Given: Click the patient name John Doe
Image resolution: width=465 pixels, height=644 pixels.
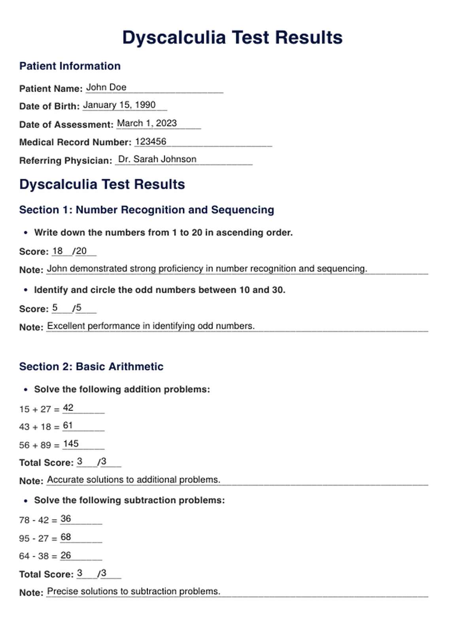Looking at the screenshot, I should coord(106,87).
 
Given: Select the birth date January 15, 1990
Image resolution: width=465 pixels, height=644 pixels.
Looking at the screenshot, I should coord(119,105).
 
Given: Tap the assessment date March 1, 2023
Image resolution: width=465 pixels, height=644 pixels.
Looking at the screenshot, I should coord(147,123).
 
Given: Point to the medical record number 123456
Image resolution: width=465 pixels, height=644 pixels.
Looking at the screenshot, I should coord(151,141).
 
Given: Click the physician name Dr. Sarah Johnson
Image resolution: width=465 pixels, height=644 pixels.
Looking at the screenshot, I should coord(157,159).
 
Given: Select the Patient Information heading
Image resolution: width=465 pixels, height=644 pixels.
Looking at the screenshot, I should coord(70,66).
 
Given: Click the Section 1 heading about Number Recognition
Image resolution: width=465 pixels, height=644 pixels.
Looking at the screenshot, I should coord(146,210).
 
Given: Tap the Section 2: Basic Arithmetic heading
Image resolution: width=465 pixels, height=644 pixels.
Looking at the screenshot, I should coord(91,367).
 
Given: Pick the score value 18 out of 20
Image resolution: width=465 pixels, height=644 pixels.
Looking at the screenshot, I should coord(58,251).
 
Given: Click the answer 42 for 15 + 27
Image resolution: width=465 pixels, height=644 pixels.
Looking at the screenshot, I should coord(68,408).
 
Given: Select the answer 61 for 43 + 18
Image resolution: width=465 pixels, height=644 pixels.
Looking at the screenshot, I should coord(68,426).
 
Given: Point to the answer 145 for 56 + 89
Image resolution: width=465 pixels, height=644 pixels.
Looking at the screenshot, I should coord(71,444).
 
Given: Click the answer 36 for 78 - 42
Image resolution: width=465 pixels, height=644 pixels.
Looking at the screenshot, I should coord(66,519).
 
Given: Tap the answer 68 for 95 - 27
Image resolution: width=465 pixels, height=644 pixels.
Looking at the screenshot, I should coord(66,537).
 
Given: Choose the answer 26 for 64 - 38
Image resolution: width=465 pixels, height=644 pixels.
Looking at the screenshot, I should coord(66,555).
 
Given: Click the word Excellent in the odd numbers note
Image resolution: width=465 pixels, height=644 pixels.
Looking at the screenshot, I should coord(66,326).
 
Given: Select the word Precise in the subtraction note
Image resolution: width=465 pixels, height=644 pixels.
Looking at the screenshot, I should coord(62,591).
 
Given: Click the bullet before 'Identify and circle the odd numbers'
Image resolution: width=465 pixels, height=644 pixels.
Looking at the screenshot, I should coord(26,290).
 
